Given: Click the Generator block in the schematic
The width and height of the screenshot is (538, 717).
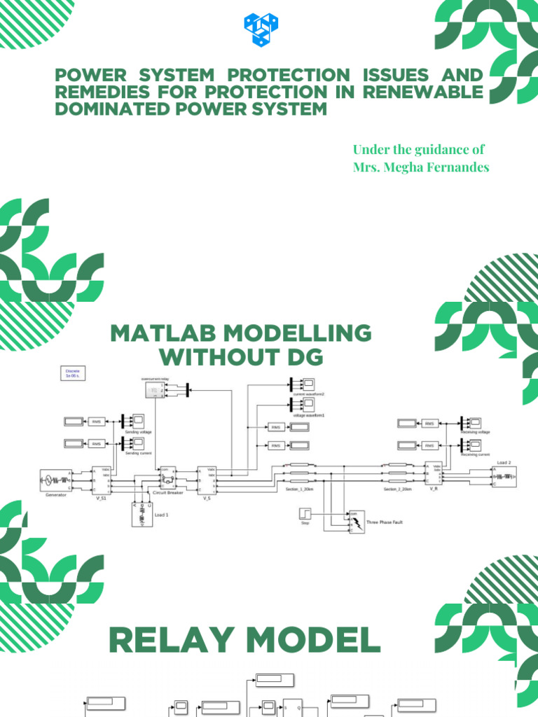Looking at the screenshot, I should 55,480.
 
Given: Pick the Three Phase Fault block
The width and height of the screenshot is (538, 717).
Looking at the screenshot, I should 356,522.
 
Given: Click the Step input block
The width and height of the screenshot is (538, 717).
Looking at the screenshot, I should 305,515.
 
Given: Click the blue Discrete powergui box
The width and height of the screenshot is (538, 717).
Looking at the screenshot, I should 73,373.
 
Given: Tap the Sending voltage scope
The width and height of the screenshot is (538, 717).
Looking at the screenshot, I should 139,422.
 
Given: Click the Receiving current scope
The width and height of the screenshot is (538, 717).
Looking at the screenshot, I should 474,444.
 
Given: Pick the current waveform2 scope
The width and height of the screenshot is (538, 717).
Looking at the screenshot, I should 308,384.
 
